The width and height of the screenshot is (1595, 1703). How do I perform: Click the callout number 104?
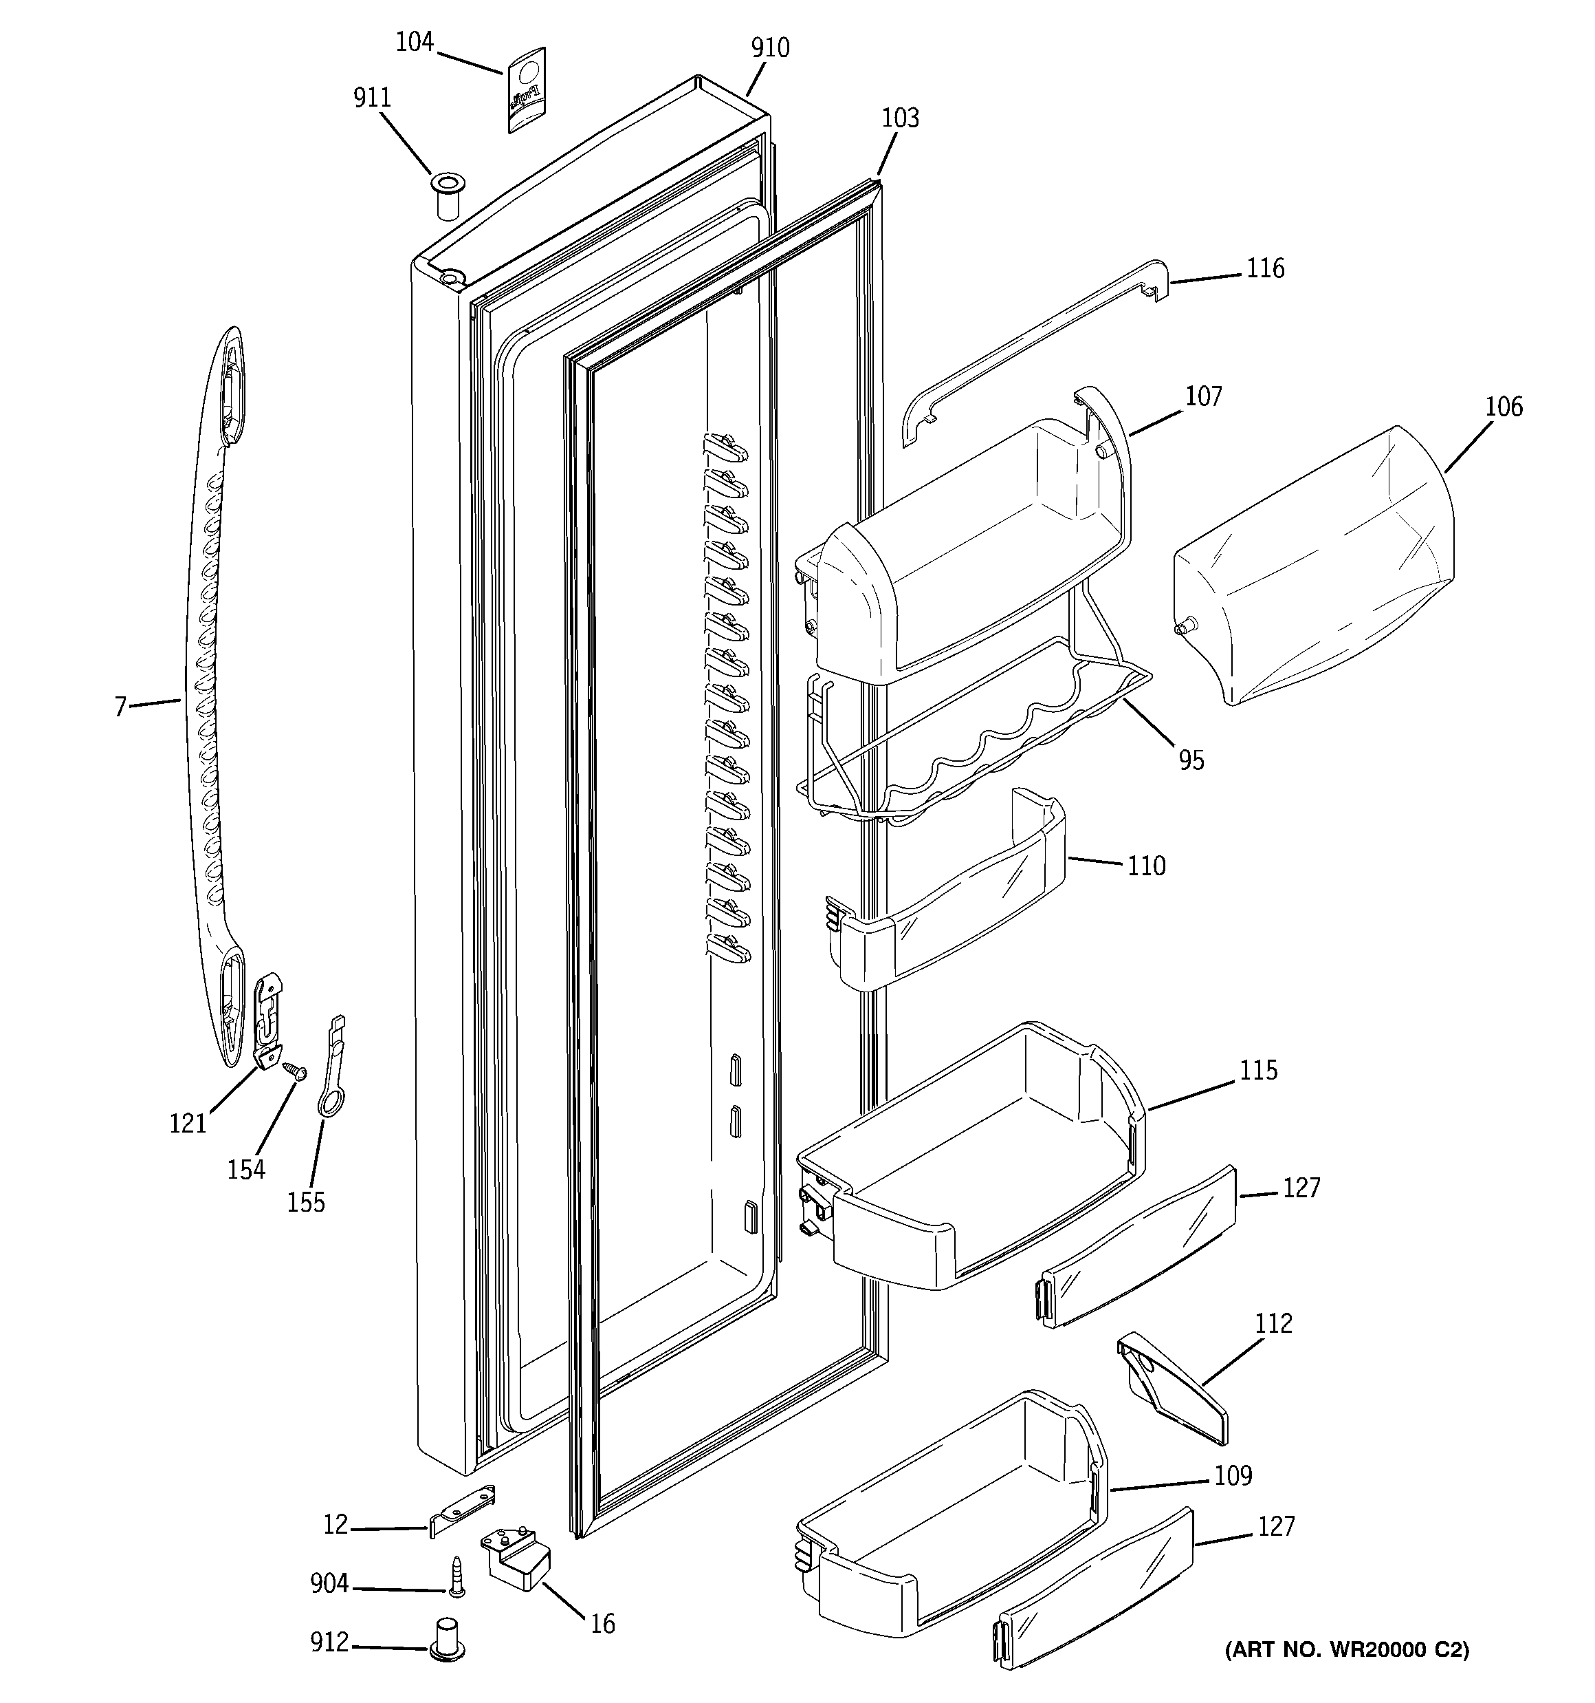415,42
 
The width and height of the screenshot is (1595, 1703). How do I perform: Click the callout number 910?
770,48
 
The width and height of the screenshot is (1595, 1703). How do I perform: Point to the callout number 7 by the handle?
121,707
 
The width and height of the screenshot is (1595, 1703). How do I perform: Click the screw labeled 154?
294,1070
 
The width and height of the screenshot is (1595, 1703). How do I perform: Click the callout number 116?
1264,269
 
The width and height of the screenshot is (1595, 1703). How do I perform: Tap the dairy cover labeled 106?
1314,566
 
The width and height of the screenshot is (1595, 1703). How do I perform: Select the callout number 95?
1191,760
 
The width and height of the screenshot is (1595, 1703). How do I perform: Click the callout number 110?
1145,866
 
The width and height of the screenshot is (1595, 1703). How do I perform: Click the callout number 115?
1257,1071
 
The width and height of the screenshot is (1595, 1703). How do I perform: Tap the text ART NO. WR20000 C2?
1347,1649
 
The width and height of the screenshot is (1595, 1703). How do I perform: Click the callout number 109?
1233,1475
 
